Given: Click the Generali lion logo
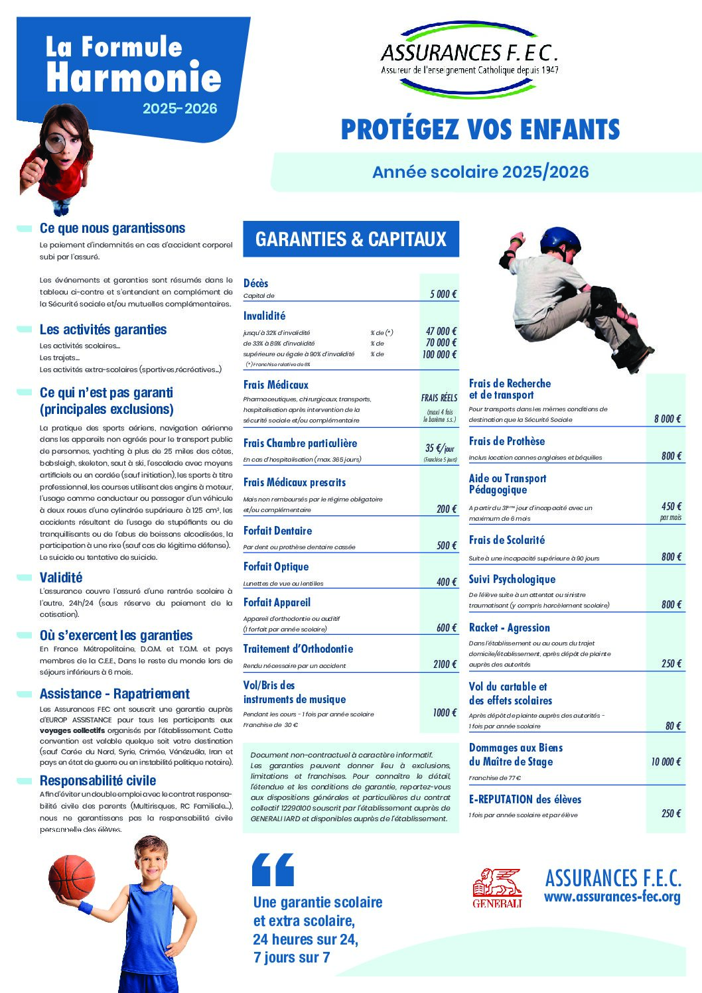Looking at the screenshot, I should [x=497, y=888].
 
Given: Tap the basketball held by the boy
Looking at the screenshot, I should [x=72, y=877].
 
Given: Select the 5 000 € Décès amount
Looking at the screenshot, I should [x=443, y=294].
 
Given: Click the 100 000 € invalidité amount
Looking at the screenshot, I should [x=440, y=354].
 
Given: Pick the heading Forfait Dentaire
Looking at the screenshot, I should [x=277, y=531].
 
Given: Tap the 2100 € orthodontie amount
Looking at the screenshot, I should [x=445, y=664].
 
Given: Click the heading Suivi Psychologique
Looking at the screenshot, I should [x=512, y=579].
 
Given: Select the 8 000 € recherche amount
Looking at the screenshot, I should [x=667, y=419].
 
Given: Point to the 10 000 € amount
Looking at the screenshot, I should [x=666, y=761].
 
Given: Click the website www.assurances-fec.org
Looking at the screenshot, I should [x=612, y=897].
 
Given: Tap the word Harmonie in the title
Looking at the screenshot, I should [x=133, y=78].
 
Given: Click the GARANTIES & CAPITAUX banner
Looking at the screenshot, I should [x=351, y=239].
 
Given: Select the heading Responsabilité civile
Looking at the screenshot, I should [x=98, y=780].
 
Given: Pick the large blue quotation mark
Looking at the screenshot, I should [x=273, y=869].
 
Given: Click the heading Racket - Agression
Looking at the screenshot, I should [x=509, y=628].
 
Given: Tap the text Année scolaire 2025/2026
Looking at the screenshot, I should [x=480, y=172].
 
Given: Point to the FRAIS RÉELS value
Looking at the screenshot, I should [x=439, y=398].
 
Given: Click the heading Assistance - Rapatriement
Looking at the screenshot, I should [x=114, y=694].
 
